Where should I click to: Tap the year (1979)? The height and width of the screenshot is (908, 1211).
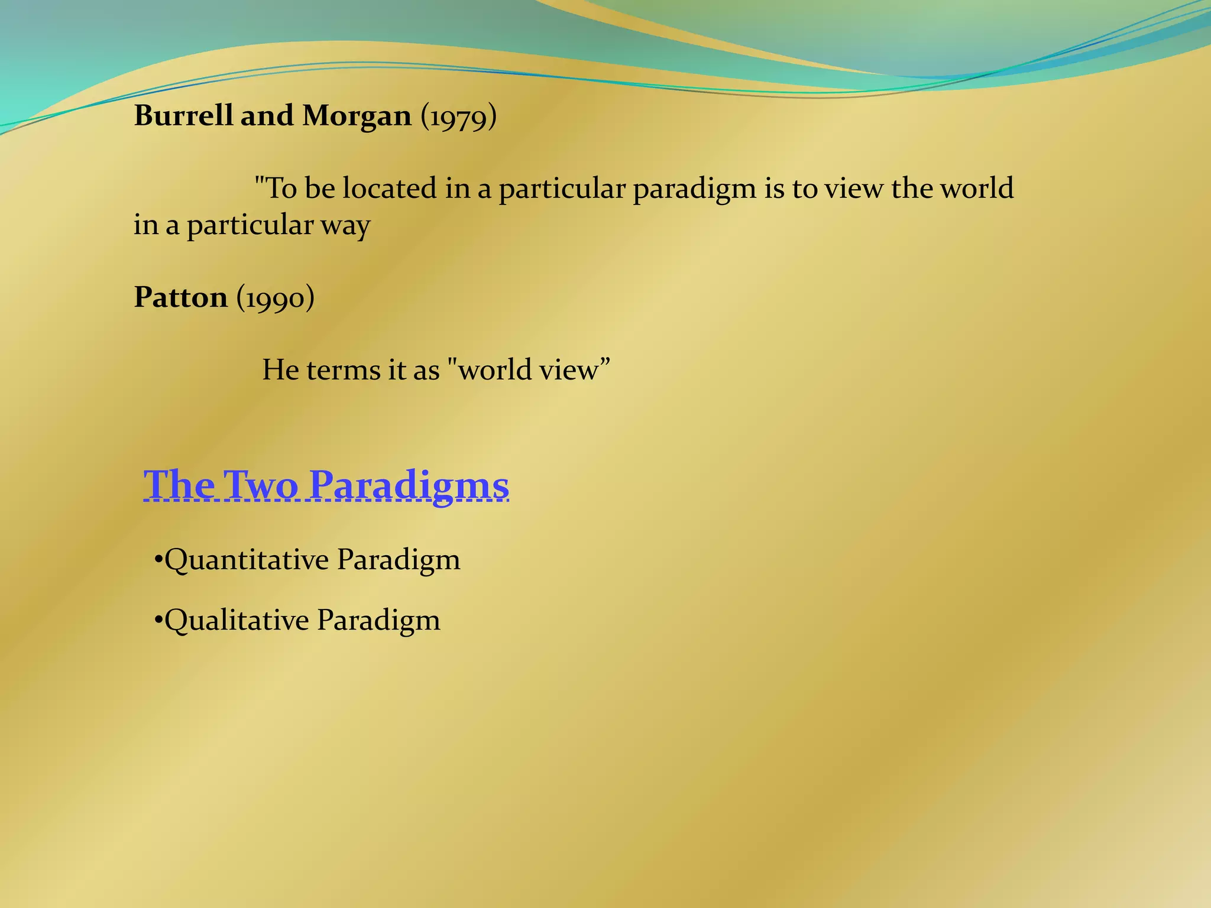(x=459, y=116)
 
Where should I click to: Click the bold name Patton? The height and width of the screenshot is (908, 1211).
(x=181, y=297)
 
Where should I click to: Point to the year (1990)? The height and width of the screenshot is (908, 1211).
(x=276, y=298)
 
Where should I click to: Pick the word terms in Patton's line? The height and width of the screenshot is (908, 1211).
(x=344, y=370)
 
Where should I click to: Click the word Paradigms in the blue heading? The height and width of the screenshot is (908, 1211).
(x=409, y=486)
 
